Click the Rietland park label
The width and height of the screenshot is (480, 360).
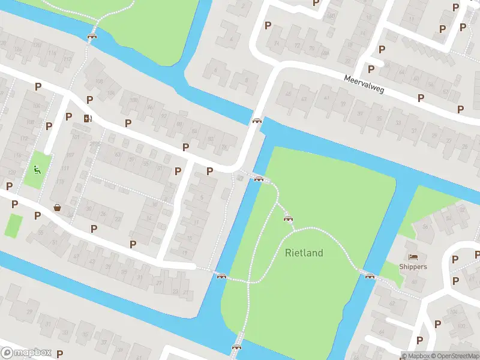tap(304, 253)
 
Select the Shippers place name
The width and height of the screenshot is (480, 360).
tap(413, 266)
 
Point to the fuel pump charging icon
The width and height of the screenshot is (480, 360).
tap(89, 118)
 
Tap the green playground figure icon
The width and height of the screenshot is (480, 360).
tap(37, 170)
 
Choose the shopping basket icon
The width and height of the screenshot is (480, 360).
tap(58, 208)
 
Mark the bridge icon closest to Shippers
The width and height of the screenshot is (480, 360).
tap(370, 276)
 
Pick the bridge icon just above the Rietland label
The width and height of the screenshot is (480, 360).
tap(288, 218)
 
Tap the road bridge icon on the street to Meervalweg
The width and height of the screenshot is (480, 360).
tap(257, 121)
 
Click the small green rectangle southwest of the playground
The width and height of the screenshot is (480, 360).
tap(13, 225)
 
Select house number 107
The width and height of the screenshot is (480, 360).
tap(70, 154)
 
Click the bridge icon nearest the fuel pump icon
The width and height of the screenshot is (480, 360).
tap(92, 37)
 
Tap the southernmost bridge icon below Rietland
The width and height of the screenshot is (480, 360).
tap(236, 346)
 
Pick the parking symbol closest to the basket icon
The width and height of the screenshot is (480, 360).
tap(37, 215)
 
